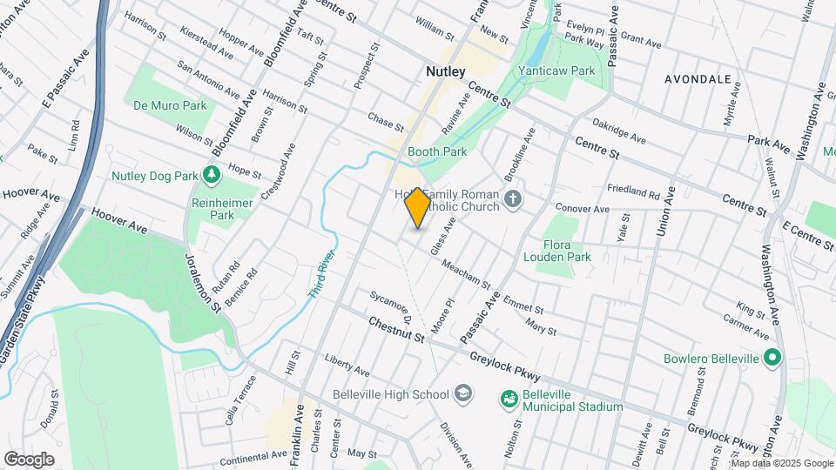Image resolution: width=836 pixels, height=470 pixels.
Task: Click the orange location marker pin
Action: [x=417, y=208]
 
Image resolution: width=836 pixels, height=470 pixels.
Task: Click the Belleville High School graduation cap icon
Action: [x=463, y=394]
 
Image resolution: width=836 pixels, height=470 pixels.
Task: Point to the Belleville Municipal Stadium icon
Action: [x=509, y=399]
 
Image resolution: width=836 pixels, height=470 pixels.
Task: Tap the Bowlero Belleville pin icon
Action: [x=771, y=357]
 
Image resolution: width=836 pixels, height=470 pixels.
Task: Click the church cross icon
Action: [x=514, y=200]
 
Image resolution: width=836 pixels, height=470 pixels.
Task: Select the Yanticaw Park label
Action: [x=568, y=70]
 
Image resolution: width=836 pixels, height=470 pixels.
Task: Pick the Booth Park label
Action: [x=437, y=151]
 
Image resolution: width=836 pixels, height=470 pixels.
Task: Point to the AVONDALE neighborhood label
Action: [x=698, y=78]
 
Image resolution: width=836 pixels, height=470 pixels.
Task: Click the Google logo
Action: [x=29, y=459]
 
